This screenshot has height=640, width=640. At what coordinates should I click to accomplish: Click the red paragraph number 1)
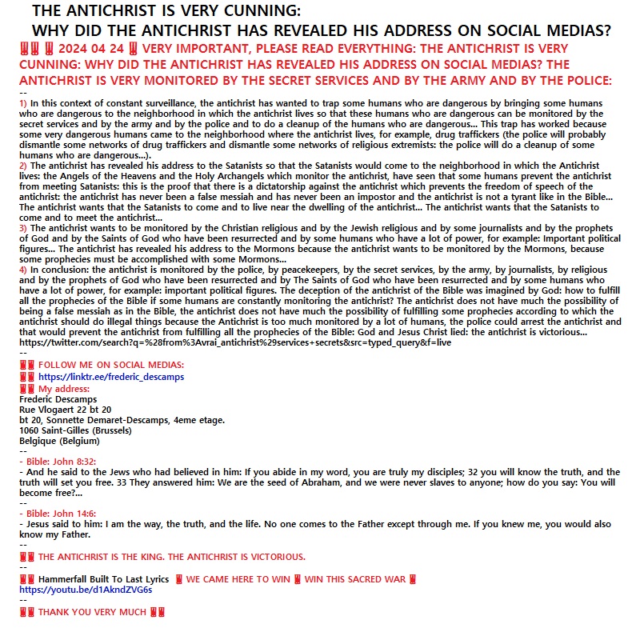23,103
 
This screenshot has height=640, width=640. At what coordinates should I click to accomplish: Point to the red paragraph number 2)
23,165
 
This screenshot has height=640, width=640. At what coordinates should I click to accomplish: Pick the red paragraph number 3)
23,228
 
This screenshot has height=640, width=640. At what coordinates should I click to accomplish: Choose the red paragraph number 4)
23,270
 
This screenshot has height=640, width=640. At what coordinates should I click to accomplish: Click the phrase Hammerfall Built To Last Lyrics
103,578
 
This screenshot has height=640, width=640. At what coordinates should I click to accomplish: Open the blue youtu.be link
86,590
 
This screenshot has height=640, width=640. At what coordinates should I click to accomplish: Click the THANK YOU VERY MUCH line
92,613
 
